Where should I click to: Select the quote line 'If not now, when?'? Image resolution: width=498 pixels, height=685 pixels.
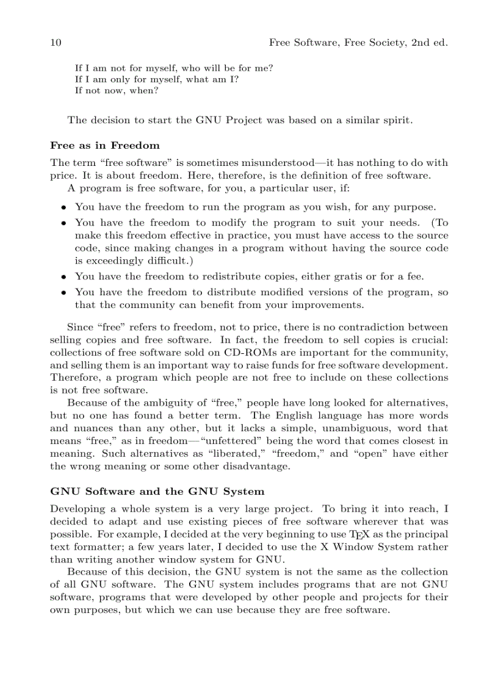117,91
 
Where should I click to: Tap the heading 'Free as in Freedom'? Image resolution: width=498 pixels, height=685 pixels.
104,146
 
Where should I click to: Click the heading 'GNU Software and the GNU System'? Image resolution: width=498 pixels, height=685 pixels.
157,491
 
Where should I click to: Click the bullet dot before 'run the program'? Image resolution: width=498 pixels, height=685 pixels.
63,207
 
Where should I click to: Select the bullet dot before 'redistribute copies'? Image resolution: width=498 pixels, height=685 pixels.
63,276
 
